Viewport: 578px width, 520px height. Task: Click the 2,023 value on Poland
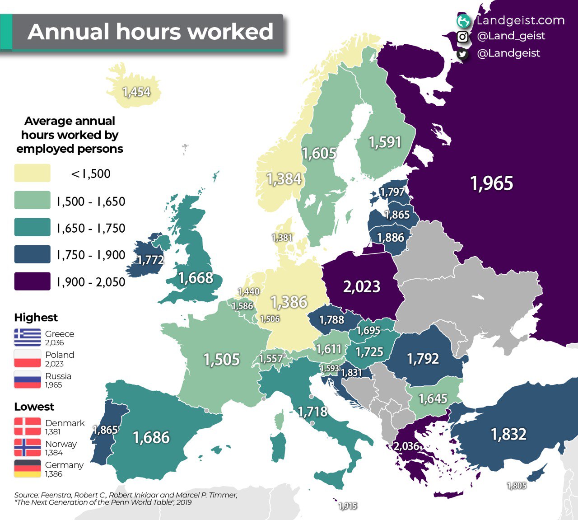pyautogui.click(x=362, y=286)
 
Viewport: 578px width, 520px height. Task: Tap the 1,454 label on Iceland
pyautogui.click(x=136, y=92)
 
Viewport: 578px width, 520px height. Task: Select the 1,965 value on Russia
pyautogui.click(x=492, y=183)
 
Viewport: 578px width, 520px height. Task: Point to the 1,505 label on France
pyautogui.click(x=221, y=360)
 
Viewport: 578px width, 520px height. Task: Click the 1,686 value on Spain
pyautogui.click(x=151, y=437)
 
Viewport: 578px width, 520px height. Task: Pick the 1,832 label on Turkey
pyautogui.click(x=508, y=434)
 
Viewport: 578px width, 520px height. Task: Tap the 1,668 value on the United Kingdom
pyautogui.click(x=196, y=278)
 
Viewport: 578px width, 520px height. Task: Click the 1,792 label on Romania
pyautogui.click(x=423, y=359)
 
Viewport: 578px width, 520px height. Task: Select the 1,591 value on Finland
pyautogui.click(x=385, y=142)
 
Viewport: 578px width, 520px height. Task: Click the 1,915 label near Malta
pyautogui.click(x=348, y=506)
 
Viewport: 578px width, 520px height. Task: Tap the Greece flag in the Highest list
pyautogui.click(x=27, y=337)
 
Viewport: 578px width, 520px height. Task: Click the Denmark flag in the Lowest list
pyautogui.click(x=27, y=426)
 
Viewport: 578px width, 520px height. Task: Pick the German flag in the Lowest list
pyautogui.click(x=27, y=468)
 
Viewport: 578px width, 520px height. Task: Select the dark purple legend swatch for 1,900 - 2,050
pyautogui.click(x=32, y=281)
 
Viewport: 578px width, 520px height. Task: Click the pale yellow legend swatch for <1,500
pyautogui.click(x=32, y=173)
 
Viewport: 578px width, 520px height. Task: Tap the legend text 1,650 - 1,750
pyautogui.click(x=91, y=228)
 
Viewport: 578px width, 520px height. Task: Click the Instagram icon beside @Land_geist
pyautogui.click(x=462, y=37)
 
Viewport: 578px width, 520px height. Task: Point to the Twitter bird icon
pyautogui.click(x=462, y=54)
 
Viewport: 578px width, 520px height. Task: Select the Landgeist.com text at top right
pyautogui.click(x=520, y=20)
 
